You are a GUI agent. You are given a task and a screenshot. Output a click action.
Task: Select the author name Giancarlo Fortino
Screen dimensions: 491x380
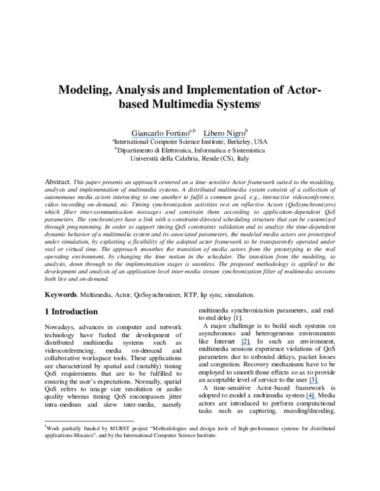(x=159, y=134)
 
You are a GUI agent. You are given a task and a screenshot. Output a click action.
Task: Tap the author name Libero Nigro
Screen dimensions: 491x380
(x=224, y=134)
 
